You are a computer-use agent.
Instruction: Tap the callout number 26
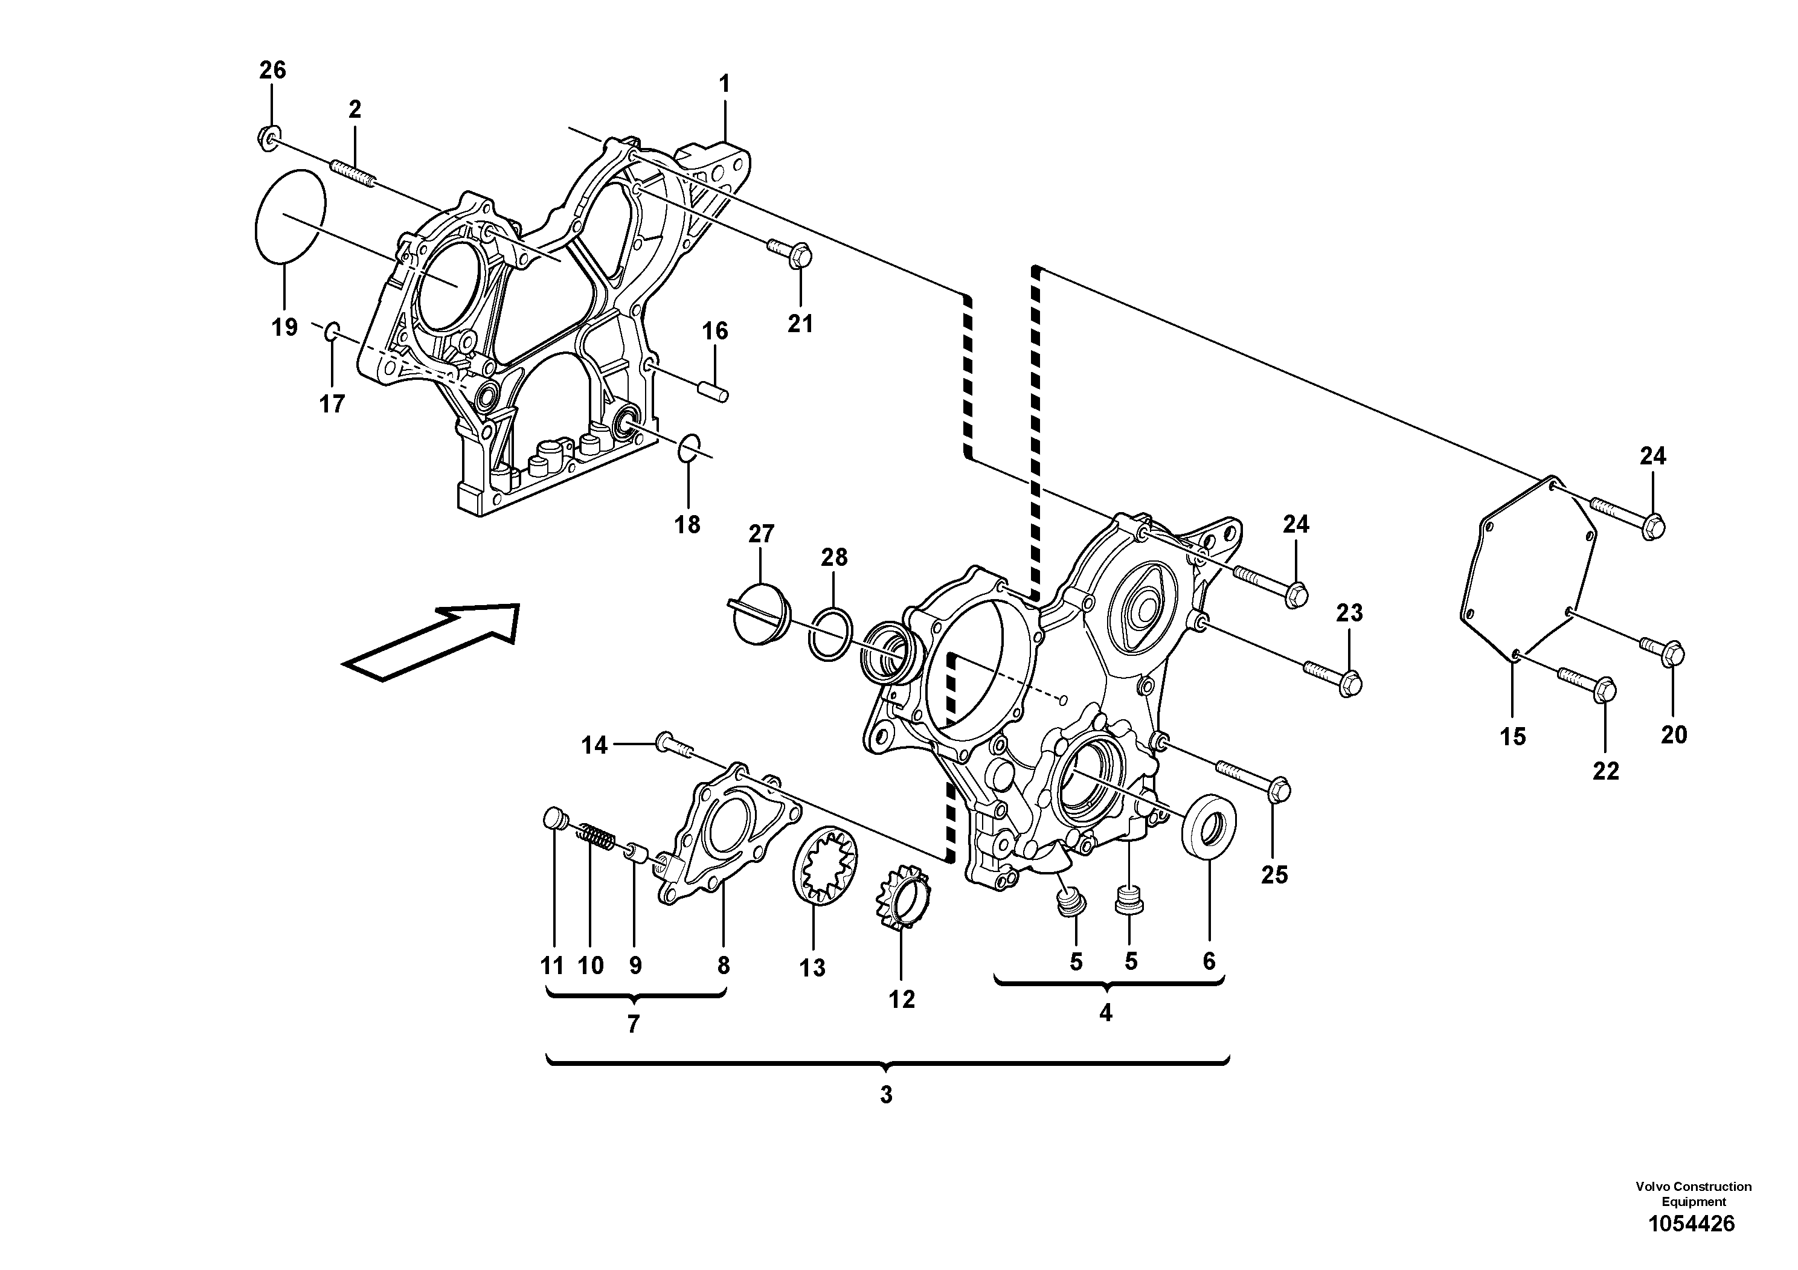272,71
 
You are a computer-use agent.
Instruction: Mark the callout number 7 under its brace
634,1024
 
